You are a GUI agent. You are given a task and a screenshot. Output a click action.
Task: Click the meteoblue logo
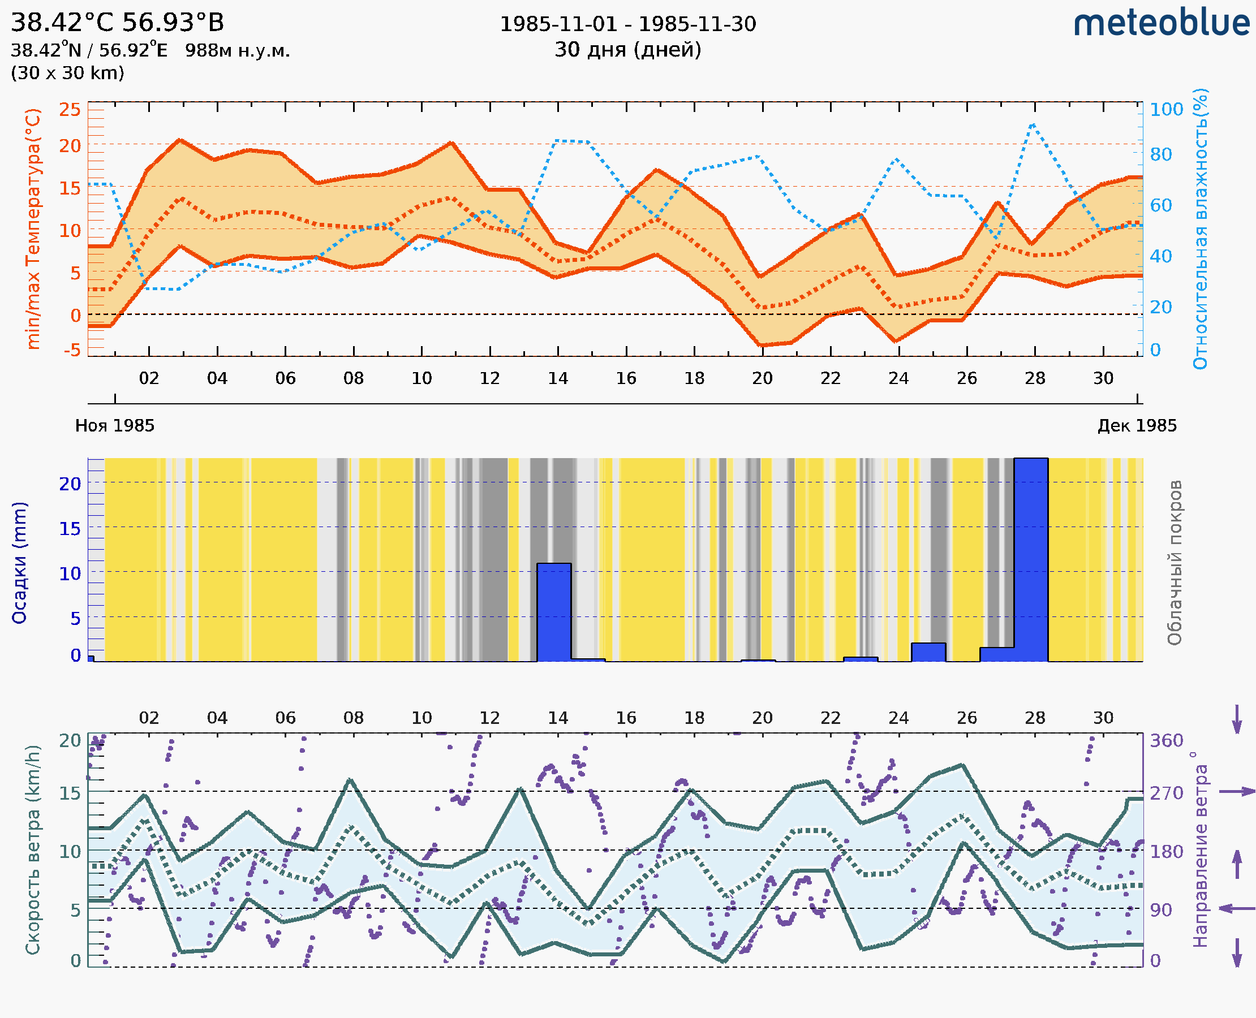point(1161,23)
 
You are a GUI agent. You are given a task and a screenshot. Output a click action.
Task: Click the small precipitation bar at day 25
point(928,652)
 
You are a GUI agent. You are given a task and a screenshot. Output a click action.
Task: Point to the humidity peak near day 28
point(1033,124)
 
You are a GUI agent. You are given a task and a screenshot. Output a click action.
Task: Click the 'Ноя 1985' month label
point(115,425)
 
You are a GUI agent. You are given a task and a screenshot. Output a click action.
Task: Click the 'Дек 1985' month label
point(1137,425)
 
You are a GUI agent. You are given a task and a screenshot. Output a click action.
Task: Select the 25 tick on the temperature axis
point(70,110)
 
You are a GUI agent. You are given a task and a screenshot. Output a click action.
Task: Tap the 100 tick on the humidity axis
point(1166,110)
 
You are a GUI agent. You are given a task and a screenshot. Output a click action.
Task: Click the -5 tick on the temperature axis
point(72,350)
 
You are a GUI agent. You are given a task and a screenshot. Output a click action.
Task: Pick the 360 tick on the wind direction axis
point(1166,741)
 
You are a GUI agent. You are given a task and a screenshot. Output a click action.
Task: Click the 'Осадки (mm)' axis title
point(19,562)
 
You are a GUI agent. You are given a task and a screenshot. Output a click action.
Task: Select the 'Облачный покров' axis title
point(1174,562)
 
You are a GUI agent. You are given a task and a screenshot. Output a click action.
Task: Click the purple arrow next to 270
point(1237,792)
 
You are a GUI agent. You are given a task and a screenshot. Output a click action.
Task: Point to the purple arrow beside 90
point(1237,908)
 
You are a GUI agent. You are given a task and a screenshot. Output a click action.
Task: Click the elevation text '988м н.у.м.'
point(238,51)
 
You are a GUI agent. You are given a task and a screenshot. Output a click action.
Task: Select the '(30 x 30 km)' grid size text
point(67,73)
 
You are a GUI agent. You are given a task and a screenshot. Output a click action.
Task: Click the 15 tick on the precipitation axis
point(70,529)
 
